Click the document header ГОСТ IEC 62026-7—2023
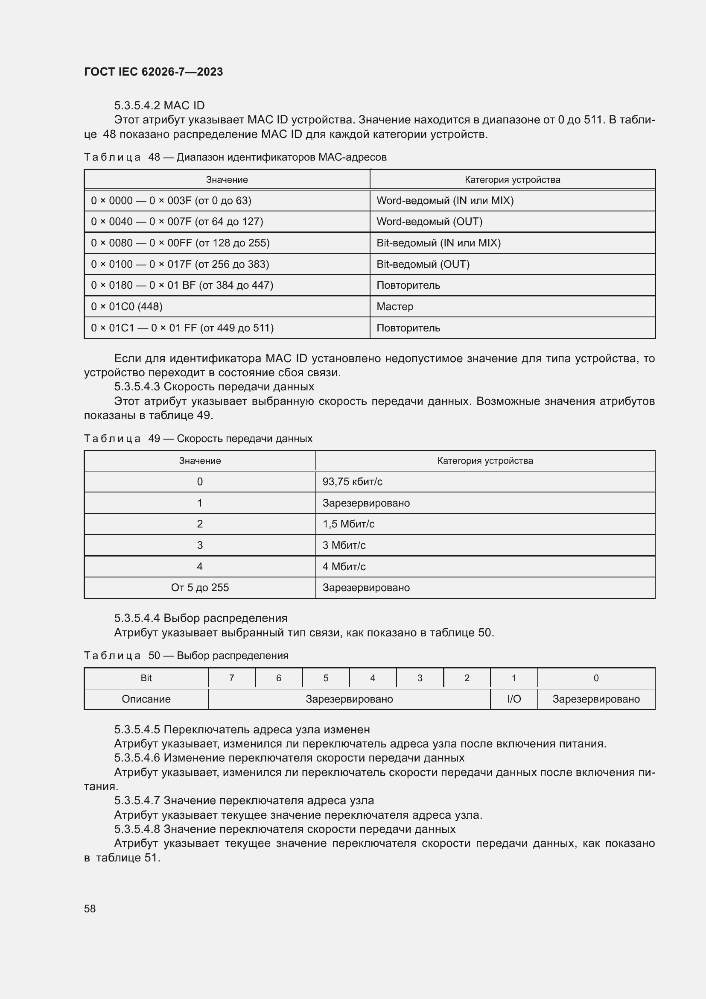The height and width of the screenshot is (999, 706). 154,72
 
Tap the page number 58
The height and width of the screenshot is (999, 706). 90,908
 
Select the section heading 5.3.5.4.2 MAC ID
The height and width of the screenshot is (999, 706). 159,105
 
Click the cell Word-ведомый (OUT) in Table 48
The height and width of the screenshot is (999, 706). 429,222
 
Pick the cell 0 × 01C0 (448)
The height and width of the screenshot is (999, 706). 126,306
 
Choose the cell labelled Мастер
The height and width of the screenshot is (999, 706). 395,306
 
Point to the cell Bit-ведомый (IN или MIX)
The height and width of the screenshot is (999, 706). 438,243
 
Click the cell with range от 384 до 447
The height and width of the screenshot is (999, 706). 182,285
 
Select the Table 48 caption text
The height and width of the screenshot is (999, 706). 235,157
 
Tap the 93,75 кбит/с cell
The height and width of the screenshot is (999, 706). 352,482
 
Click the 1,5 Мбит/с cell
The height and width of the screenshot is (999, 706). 348,524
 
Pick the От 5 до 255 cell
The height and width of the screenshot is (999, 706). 199,587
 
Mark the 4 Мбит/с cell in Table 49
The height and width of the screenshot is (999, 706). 344,566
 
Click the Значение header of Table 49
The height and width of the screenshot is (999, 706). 199,461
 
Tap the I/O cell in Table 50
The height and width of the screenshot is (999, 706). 513,699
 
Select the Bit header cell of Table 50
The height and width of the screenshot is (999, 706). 146,678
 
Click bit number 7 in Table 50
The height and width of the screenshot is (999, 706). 231,678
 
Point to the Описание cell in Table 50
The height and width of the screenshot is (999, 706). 146,699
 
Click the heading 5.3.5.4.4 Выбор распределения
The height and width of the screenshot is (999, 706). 201,618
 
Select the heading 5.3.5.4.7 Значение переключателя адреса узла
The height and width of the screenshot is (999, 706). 243,800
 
